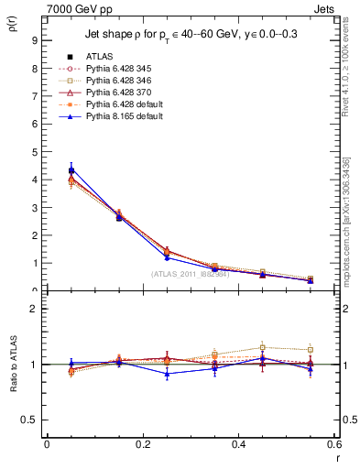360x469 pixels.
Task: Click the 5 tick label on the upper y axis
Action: tap(34, 152)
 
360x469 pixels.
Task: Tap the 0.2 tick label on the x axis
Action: tap(142, 443)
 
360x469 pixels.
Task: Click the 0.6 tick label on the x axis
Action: tap(333, 443)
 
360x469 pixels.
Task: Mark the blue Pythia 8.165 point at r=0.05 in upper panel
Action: tap(71, 169)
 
